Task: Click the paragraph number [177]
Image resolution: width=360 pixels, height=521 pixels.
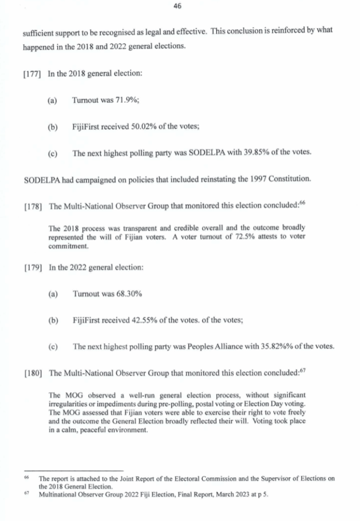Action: tap(33, 74)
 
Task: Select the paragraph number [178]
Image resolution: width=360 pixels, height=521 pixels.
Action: tap(33, 206)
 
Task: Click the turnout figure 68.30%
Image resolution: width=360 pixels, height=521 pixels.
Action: tap(128, 295)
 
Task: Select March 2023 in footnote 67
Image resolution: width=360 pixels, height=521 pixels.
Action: tap(226, 494)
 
